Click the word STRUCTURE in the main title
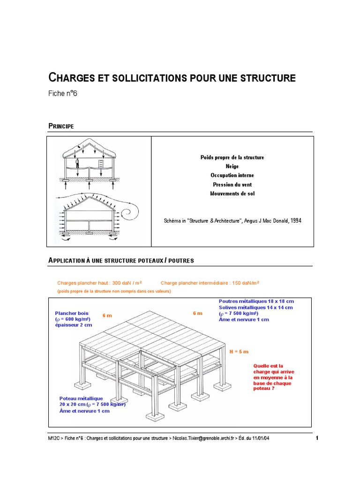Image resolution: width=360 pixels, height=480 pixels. pyautogui.click(x=268, y=78)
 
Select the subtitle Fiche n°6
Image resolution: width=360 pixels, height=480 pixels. pyautogui.click(x=62, y=93)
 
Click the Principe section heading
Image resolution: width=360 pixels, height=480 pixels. pyautogui.click(x=61, y=126)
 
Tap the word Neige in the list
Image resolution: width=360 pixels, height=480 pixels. pyautogui.click(x=232, y=166)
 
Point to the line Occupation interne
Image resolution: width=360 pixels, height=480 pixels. pyautogui.click(x=232, y=175)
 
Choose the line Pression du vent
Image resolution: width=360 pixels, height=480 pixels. pyautogui.click(x=232, y=185)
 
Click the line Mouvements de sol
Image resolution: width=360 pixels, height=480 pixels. pyautogui.click(x=232, y=193)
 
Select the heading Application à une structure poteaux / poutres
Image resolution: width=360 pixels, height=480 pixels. pyautogui.click(x=121, y=260)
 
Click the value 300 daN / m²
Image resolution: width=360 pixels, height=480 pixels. pyautogui.click(x=120, y=283)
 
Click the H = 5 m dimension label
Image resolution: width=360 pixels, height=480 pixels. pyautogui.click(x=239, y=351)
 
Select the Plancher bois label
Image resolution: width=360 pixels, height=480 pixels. pyautogui.click(x=72, y=314)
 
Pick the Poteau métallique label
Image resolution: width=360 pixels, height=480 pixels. pyautogui.click(x=78, y=398)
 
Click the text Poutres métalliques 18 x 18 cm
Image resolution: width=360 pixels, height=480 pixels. pyautogui.click(x=256, y=301)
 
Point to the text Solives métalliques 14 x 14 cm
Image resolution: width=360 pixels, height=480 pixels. pyautogui.click(x=255, y=307)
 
